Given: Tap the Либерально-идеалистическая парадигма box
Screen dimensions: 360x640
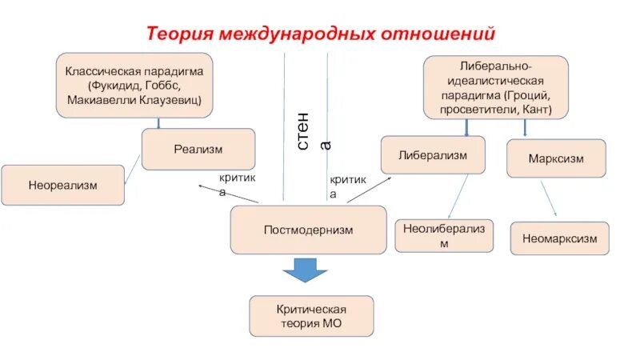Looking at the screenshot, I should [x=496, y=86].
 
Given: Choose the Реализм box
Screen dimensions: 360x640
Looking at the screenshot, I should [x=198, y=149].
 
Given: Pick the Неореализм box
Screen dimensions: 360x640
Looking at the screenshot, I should [x=62, y=185].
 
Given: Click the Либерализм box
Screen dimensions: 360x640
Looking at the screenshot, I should [x=432, y=154].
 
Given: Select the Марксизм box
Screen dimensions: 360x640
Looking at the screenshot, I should [x=556, y=158].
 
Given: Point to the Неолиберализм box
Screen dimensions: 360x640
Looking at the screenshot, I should [x=444, y=237].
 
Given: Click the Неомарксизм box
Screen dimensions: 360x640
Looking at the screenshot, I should [x=559, y=238].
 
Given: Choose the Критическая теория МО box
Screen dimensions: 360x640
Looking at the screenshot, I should [x=311, y=315].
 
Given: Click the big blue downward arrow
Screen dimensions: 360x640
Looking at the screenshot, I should [x=305, y=270].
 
